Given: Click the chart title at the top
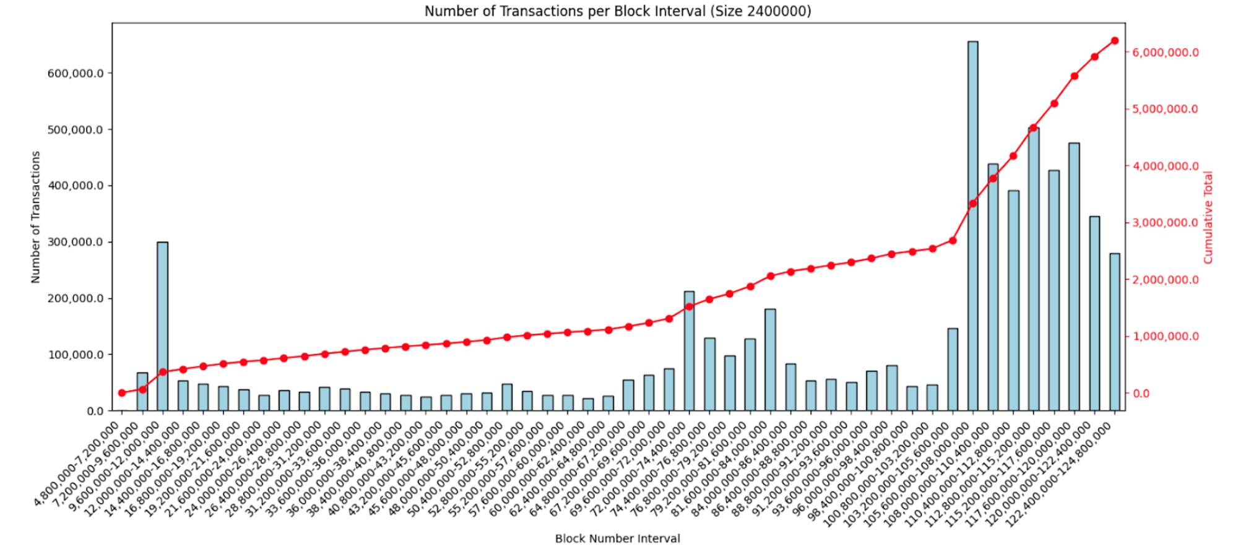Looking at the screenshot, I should (617, 11).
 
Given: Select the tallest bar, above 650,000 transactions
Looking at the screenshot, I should (972, 226).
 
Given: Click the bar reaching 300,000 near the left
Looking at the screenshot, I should (162, 326).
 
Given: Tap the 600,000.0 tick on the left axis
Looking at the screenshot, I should (75, 73).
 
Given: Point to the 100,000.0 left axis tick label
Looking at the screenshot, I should (75, 355).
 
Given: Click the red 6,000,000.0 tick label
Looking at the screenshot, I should (1166, 53).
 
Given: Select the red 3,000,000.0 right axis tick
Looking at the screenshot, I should (1166, 223).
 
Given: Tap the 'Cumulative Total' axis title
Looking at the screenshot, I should (1208, 217).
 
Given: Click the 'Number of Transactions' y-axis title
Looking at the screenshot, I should (35, 217).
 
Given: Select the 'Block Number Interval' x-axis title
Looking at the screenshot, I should (617, 538).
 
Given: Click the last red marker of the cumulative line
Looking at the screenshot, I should (1114, 41).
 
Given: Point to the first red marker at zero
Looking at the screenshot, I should (122, 393).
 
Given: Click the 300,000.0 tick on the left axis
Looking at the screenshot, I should (75, 242).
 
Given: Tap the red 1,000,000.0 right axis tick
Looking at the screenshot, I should (1166, 336).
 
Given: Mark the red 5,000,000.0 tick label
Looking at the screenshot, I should (1166, 109).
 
